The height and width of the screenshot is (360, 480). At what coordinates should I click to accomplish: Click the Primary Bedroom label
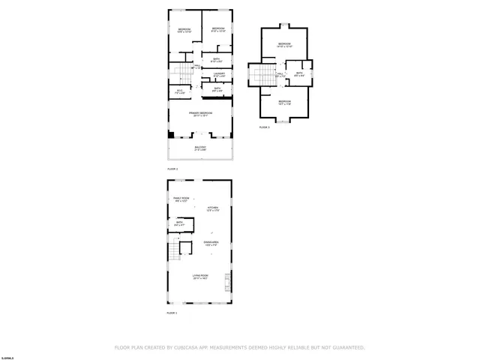coord(199,113)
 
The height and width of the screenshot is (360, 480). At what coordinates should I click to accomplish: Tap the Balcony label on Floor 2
coord(199,148)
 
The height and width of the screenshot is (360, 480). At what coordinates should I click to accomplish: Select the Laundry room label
coord(218,74)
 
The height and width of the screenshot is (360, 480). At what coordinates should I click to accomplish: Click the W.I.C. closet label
coord(180,91)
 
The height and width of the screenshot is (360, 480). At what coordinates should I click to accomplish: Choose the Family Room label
coord(180,199)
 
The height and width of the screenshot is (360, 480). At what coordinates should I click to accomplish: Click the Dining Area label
coord(211,243)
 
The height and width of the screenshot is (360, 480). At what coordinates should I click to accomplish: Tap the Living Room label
coord(199,277)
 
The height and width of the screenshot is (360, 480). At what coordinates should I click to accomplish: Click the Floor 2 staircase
coord(180,73)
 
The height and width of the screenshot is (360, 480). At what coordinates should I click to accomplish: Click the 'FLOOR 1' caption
coord(172,313)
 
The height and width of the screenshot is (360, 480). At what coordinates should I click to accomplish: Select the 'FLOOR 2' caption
coord(172,169)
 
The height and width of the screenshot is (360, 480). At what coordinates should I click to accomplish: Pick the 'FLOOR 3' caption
coord(264,127)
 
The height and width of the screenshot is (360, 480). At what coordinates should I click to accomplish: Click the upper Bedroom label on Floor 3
coord(284,45)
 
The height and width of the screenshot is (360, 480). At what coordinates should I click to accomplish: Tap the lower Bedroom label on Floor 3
coord(284,102)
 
